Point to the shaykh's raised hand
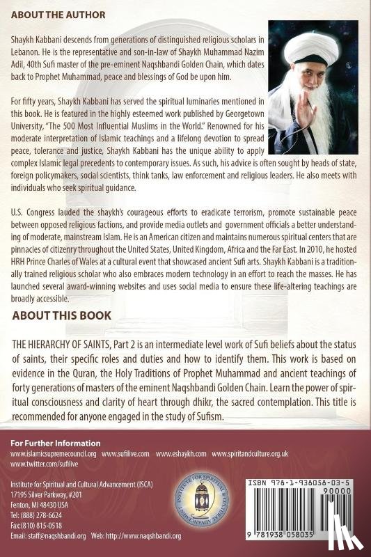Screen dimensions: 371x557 [340, 91]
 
